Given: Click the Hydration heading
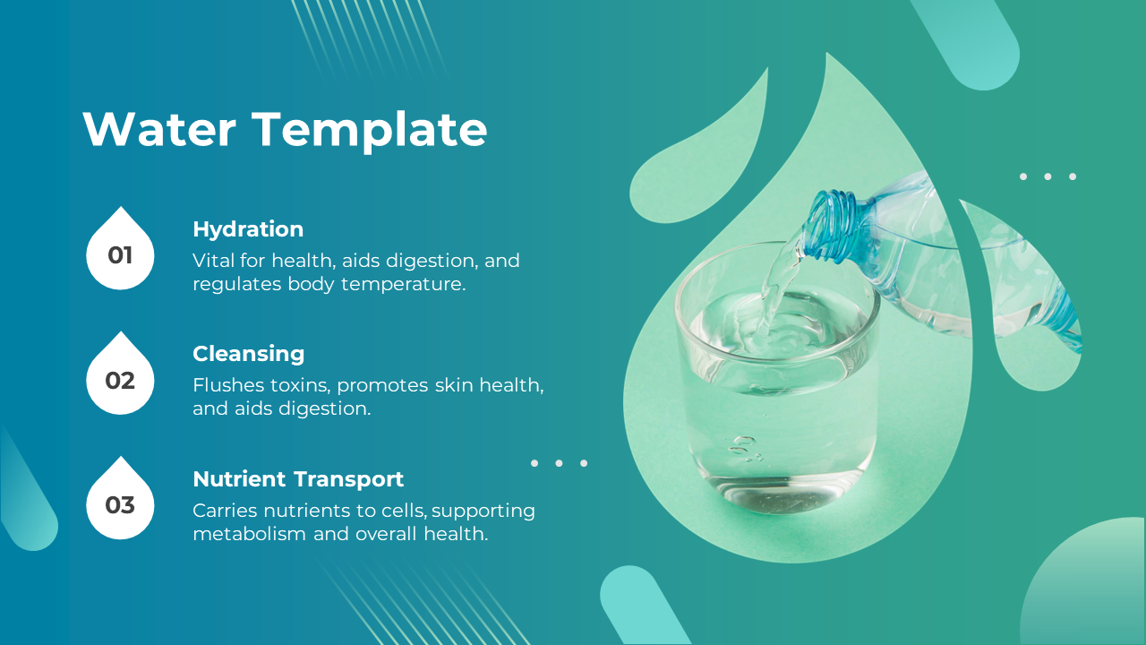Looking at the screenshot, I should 248,229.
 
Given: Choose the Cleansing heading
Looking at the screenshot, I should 248,354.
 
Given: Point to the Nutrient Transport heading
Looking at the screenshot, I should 298,479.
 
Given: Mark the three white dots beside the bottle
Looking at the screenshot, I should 1048,176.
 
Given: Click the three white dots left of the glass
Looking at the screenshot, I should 559,463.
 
